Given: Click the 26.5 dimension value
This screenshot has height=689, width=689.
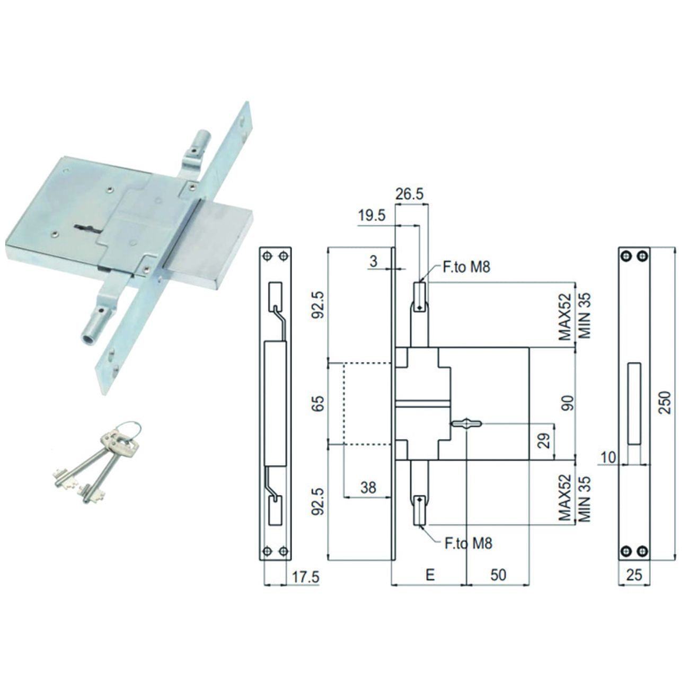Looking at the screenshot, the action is [409, 194].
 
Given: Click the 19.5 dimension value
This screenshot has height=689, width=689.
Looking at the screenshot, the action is [372, 216].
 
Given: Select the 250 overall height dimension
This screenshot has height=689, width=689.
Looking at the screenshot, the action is [665, 403].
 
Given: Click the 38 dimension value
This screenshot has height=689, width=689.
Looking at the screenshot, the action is [368, 488].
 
